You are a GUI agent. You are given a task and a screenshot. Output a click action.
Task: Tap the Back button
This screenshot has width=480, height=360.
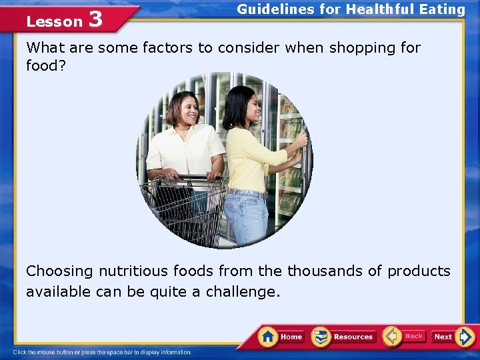pyautogui.click(x=404, y=336)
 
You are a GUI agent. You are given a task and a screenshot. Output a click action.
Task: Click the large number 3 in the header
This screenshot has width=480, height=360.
pyautogui.click(x=95, y=19)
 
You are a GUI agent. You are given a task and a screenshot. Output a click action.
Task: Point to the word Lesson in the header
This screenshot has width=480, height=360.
pyautogui.click(x=53, y=21)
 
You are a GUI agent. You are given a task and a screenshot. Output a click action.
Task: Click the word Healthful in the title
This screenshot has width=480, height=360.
pyautogui.click(x=380, y=9)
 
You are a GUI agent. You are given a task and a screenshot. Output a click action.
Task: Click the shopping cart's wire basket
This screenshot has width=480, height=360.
pyautogui.click(x=183, y=210)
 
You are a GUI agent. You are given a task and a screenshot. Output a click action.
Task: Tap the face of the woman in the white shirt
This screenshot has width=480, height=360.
pyautogui.click(x=184, y=110)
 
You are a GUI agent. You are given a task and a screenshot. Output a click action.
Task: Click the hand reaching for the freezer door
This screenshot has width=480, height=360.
pyautogui.click(x=301, y=139)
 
